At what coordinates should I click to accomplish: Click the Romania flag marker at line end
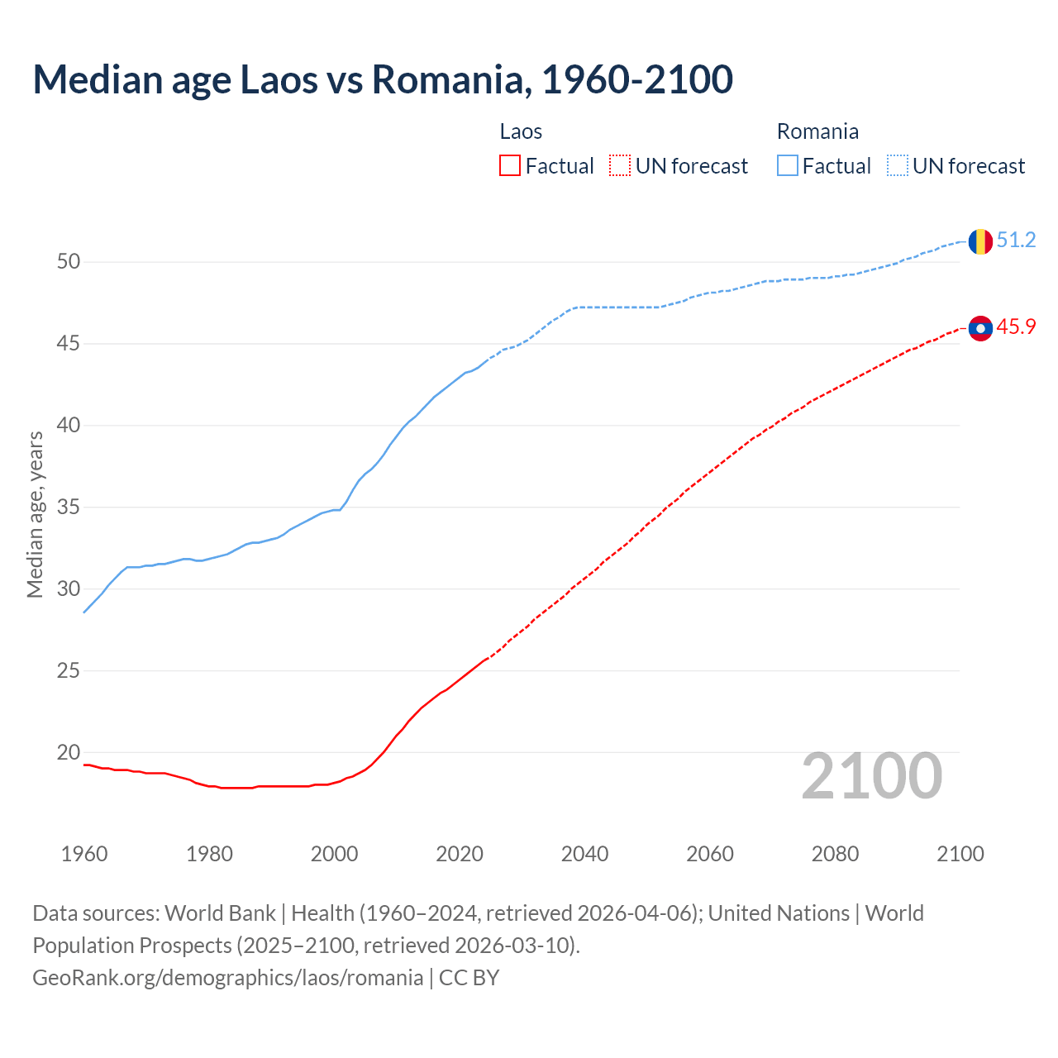980,241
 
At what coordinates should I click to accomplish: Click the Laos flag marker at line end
980,328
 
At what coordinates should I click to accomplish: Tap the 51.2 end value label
1016,241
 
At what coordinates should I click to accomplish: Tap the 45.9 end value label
1016,327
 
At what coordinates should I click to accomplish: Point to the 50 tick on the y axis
69,262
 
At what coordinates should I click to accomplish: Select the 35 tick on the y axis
69,508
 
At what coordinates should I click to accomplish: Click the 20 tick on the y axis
69,753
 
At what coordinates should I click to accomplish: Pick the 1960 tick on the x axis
84,854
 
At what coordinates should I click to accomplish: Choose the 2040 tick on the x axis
584,854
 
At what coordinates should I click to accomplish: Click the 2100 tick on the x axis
960,854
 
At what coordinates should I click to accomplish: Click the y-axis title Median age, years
35,514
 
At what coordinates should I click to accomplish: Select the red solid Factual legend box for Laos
510,166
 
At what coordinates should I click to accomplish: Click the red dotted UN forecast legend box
620,166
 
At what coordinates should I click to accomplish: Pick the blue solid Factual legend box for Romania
788,166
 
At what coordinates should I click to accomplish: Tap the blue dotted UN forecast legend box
898,166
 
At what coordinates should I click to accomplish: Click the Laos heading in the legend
521,131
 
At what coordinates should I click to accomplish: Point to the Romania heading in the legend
817,131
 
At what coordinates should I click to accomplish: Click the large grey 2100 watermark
872,776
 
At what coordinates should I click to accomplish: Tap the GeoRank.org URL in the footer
227,978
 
